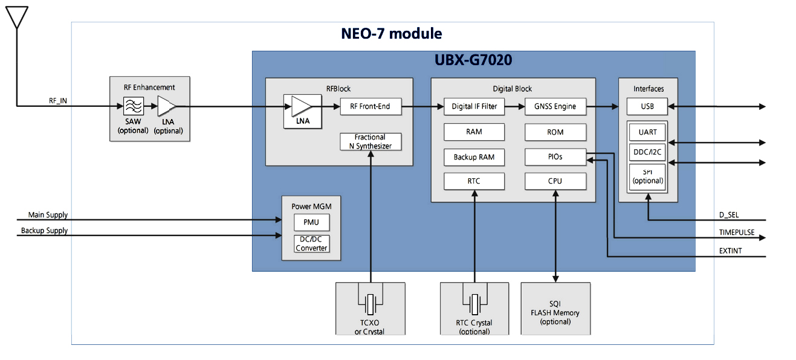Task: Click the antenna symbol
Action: (x=18, y=17)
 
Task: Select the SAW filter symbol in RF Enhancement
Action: (x=133, y=108)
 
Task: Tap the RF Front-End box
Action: (x=370, y=106)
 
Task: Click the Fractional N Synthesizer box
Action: (x=370, y=141)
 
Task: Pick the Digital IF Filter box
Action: (x=474, y=106)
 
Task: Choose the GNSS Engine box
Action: (x=555, y=106)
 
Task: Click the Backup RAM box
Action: (x=474, y=157)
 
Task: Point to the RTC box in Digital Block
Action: (x=474, y=181)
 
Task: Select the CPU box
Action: (x=555, y=181)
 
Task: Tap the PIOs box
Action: (x=555, y=157)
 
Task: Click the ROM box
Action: (x=555, y=132)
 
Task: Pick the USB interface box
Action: (x=647, y=107)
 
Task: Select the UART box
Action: (x=647, y=131)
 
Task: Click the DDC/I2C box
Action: (x=647, y=152)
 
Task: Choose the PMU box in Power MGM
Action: (x=311, y=222)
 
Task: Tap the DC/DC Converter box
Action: (x=311, y=244)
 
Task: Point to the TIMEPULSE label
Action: (x=736, y=233)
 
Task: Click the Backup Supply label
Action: (x=44, y=231)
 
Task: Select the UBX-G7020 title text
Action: (x=473, y=60)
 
